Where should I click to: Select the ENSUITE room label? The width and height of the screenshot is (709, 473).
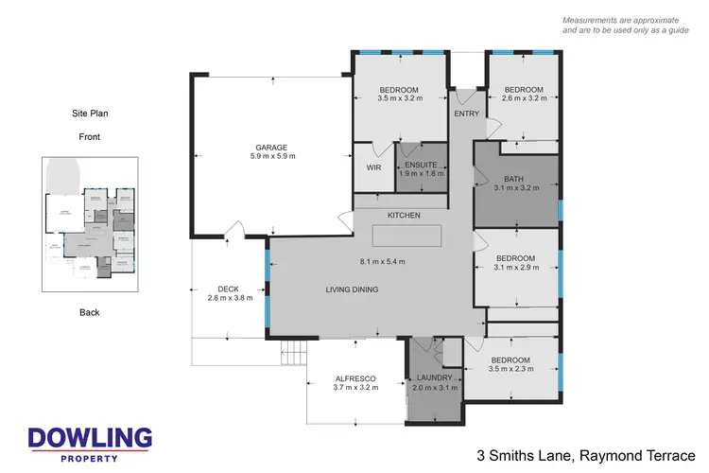pos(421,165)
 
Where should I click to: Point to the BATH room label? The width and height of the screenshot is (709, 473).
pos(514,178)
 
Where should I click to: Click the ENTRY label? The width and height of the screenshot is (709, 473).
pos(466,114)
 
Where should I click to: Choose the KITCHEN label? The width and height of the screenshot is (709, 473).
pos(404,216)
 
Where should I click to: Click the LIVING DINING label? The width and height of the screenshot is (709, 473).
pos(353,290)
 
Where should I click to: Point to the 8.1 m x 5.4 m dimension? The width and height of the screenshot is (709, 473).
pos(382,261)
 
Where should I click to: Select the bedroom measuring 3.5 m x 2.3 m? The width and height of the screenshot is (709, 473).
pos(510,364)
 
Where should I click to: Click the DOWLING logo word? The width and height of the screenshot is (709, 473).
pos(90,437)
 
